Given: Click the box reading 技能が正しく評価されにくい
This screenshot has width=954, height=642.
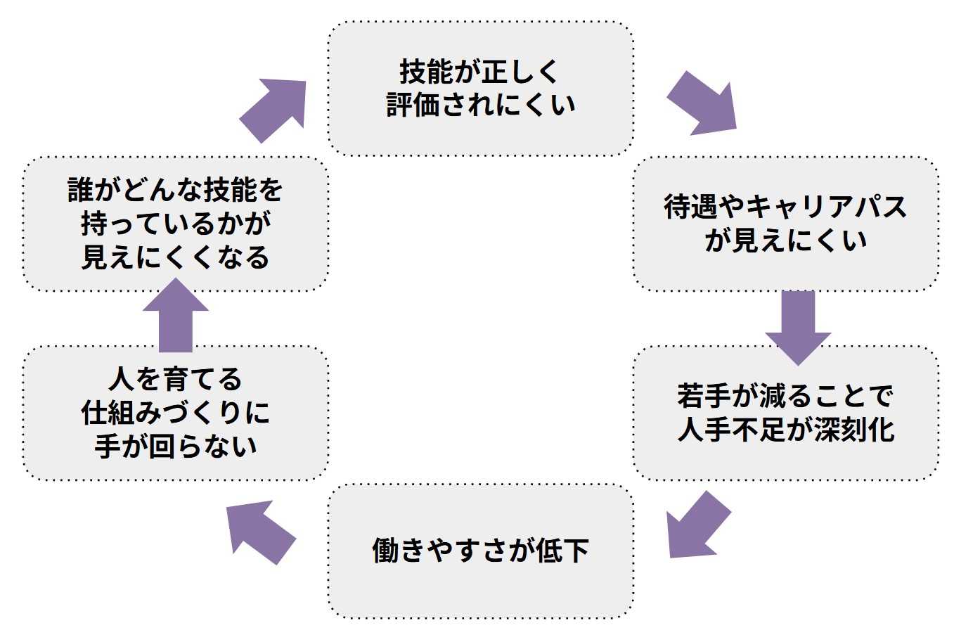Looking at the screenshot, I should pyautogui.click(x=480, y=89).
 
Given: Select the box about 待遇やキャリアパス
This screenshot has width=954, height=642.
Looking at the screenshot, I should pyautogui.click(x=785, y=224).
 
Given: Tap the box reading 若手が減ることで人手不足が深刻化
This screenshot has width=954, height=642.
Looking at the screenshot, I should pyautogui.click(x=785, y=413).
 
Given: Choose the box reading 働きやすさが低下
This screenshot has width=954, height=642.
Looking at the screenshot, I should pyautogui.click(x=480, y=551).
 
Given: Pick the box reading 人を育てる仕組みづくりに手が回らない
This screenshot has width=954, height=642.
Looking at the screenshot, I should pyautogui.click(x=176, y=413).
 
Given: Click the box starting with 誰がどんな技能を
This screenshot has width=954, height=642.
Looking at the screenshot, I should pyautogui.click(x=176, y=224).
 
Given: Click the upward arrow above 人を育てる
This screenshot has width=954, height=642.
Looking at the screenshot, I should pyautogui.click(x=176, y=316).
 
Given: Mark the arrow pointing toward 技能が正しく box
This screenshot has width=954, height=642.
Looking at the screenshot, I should pyautogui.click(x=275, y=109).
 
